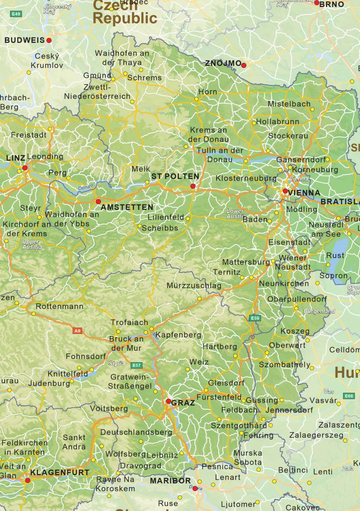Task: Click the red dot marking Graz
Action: pos(169,401)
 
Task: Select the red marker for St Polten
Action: pos(193,186)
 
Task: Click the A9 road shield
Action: pos(77,330)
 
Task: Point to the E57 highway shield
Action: pos(137,365)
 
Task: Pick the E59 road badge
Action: pos(255,318)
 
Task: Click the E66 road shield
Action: pos(349,396)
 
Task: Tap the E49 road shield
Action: pos(16,14)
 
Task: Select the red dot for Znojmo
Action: pos(244,65)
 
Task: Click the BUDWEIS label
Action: pos(24,40)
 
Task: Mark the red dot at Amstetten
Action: pos(98,201)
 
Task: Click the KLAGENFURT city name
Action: pos(60,472)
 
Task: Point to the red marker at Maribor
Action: pos(195,489)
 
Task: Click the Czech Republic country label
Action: pos(125,12)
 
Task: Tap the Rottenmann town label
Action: pos(59,306)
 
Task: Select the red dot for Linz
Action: pos(24,168)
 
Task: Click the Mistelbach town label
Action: pos(289,104)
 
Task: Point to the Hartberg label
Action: pos(220,346)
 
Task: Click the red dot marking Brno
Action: pos(317,3)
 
